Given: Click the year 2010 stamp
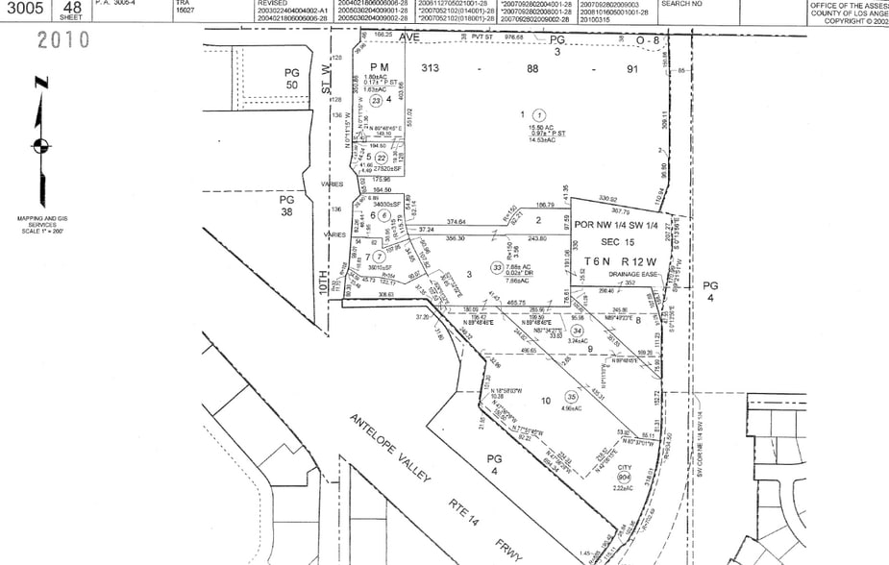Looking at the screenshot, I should pyautogui.click(x=63, y=40).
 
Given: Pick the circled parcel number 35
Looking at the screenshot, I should pyautogui.click(x=572, y=396).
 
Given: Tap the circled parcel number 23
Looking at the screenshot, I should pyautogui.click(x=376, y=100).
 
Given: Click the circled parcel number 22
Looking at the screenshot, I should pyautogui.click(x=382, y=159).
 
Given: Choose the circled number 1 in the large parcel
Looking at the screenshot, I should pyautogui.click(x=539, y=114).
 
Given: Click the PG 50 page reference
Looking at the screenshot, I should pyautogui.click(x=292, y=79).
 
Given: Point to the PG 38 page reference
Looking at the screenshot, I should pyautogui.click(x=286, y=206).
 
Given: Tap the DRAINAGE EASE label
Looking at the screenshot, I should pyautogui.click(x=629, y=274).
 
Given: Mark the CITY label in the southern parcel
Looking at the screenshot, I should pyautogui.click(x=625, y=470).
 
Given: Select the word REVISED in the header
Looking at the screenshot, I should pyautogui.click(x=272, y=4).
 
